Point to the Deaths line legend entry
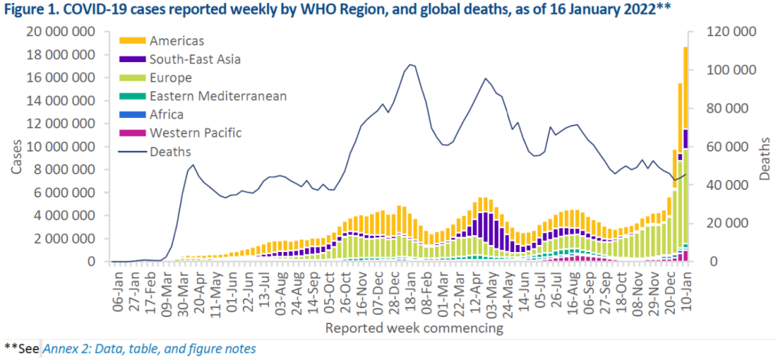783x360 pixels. [172, 151]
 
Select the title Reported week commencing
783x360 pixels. [414, 329]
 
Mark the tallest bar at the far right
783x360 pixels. [686, 153]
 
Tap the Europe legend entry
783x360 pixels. [171, 77]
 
